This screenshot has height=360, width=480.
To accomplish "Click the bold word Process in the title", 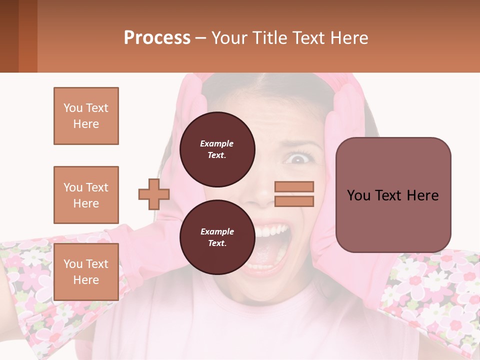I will pos(157,38).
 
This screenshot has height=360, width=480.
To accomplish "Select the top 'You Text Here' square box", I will pos(86,116).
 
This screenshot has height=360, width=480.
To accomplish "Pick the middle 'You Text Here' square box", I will pos(86,195).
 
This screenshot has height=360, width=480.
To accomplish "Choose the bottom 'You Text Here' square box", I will pos(86,272).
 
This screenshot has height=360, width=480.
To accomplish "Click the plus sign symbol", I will pos(154,194).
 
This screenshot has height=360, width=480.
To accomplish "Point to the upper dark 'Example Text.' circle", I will pos(217,149).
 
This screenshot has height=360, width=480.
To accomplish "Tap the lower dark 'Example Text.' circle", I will pos(217,237).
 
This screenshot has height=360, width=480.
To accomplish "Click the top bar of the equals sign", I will pos(294,186).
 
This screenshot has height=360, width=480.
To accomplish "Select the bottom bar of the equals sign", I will pos(294,201).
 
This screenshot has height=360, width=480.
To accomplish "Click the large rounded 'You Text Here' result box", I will pos(393,195).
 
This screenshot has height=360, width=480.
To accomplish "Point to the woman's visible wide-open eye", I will pos(298,159).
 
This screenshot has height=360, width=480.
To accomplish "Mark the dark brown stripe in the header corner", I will pos(9,36).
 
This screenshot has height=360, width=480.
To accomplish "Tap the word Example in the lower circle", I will pos(217,231).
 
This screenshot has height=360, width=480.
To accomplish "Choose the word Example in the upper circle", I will pos(217,143).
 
